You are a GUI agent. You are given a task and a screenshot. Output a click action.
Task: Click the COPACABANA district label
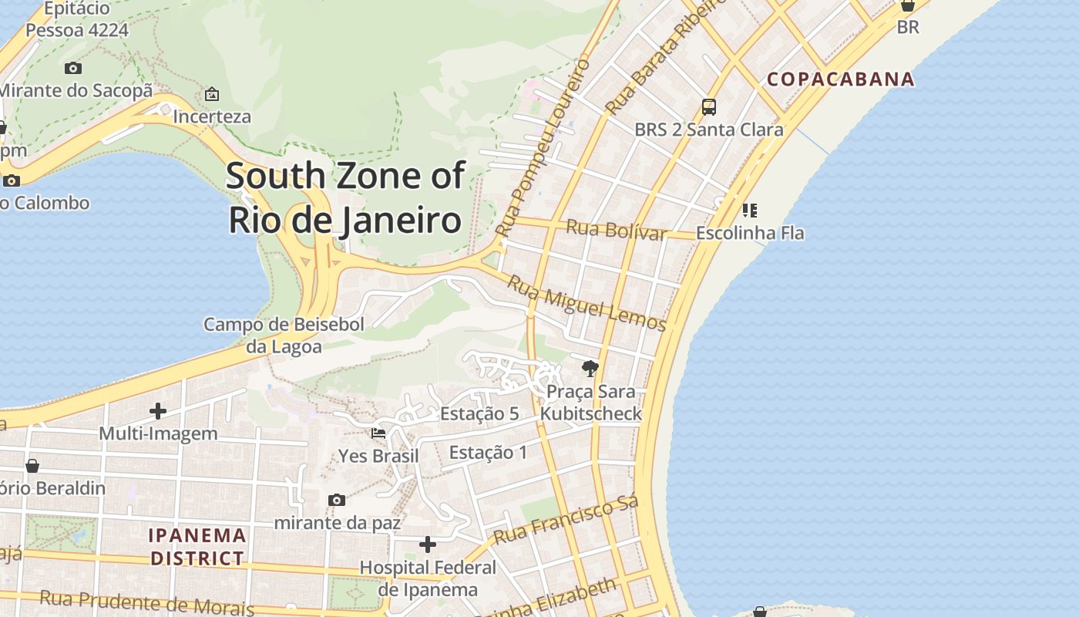(840, 79)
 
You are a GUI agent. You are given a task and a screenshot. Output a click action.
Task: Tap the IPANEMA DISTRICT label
(197, 546)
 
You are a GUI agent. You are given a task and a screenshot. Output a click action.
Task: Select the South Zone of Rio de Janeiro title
(345, 197)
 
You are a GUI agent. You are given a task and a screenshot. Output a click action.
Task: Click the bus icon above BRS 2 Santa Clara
(708, 107)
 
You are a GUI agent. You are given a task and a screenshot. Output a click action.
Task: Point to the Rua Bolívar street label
(616, 230)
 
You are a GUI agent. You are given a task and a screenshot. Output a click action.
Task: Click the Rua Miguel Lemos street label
(586, 304)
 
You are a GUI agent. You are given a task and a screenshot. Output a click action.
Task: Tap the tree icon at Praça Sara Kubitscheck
(590, 368)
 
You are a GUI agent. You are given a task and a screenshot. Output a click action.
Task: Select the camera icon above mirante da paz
(337, 500)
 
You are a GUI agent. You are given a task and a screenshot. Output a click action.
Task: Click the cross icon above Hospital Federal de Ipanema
(428, 545)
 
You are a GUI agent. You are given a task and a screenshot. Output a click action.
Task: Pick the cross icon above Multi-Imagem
(158, 410)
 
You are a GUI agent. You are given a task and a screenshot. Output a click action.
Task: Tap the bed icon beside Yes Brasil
(378, 433)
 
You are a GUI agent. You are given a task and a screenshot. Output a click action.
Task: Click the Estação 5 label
(479, 413)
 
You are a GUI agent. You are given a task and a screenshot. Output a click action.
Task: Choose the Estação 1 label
(488, 452)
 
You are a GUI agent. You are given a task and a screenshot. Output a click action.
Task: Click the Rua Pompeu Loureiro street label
(543, 147)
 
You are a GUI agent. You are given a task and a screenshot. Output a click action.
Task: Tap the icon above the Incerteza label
(212, 94)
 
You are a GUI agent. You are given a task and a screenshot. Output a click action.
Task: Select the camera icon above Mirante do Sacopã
(73, 68)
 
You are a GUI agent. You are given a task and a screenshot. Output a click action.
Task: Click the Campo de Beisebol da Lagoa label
(284, 335)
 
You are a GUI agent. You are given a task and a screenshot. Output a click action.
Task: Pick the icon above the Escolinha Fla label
(750, 210)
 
